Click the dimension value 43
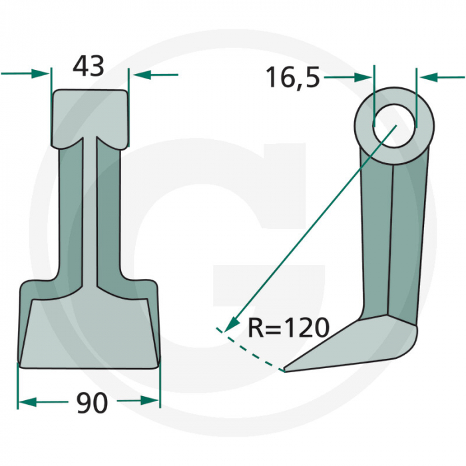coord(89,67)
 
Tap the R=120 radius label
coord(288,328)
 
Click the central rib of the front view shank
coord(89,213)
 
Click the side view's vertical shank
coord(393,240)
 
